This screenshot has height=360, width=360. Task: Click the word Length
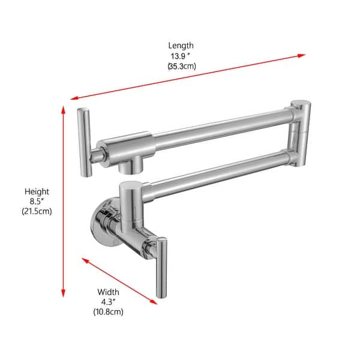pyautogui.click(x=181, y=45)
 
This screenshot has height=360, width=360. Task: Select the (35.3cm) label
pyautogui.click(x=181, y=67)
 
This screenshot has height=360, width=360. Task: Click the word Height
pyautogui.click(x=37, y=191)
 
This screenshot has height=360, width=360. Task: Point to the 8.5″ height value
pyautogui.click(x=37, y=202)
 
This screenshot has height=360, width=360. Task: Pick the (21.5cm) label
pyautogui.click(x=37, y=212)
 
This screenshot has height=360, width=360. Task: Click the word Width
pyautogui.click(x=109, y=292)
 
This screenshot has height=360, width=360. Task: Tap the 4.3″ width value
pyautogui.click(x=109, y=302)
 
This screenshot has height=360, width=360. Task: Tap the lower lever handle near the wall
pyautogui.click(x=161, y=266)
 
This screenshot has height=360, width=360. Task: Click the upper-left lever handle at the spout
pyautogui.click(x=84, y=141)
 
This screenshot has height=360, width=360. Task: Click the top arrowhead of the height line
pyautogui.click(x=63, y=109)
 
